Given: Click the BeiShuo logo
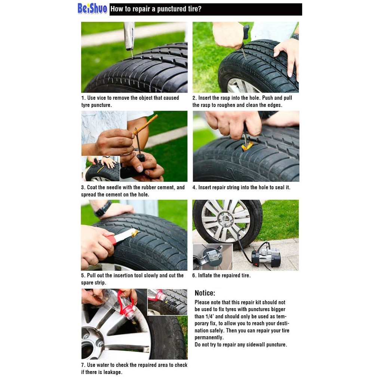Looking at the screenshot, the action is [x=92, y=9].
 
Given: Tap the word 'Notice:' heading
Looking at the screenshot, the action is [x=205, y=293].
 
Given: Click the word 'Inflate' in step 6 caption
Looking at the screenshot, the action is [x=205, y=276].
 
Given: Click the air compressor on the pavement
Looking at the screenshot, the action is [x=266, y=257].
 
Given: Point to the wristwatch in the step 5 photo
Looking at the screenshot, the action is [x=102, y=209].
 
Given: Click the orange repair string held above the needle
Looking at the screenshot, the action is [x=145, y=125].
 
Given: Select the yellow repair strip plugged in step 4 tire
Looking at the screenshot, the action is [x=247, y=147].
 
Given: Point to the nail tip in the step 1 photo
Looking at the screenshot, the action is [x=132, y=56].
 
